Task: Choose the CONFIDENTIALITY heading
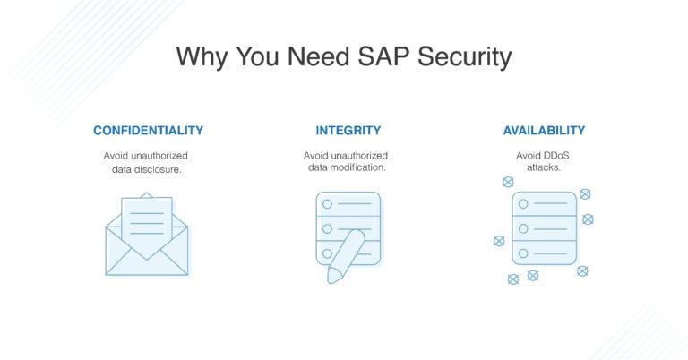pos(148,131)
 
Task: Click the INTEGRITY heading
pos(348,131)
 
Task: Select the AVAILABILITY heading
pos(544,131)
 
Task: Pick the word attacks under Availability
pos(544,168)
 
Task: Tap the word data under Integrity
pos(318,168)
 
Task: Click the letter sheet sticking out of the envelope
pos(147,217)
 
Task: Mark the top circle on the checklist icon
pos(328,205)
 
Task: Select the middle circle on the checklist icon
pos(328,227)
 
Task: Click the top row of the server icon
pos(544,206)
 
